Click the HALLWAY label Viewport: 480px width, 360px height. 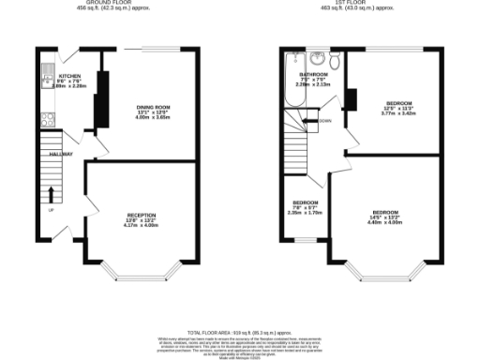coord(49,154)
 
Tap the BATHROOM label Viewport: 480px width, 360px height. coord(313,73)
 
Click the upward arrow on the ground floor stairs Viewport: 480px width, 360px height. coord(51,193)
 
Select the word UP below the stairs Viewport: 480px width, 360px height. coord(51,211)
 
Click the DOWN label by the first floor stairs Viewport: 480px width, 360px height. coord(324,121)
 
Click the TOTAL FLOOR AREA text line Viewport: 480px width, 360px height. coord(239,333)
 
